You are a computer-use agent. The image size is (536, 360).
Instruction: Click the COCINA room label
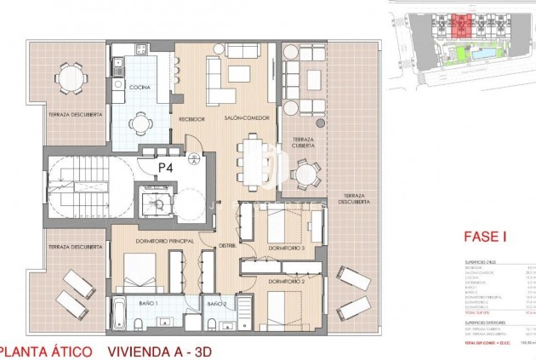(x=140, y=86)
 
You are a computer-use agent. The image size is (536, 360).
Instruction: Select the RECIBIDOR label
(x=191, y=118)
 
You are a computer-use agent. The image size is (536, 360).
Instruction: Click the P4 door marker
(x=167, y=168)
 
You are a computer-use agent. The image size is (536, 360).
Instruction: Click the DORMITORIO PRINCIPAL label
(x=161, y=241)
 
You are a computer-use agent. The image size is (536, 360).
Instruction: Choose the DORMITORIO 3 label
(x=286, y=248)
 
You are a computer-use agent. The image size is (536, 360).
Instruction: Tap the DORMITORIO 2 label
(x=286, y=280)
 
